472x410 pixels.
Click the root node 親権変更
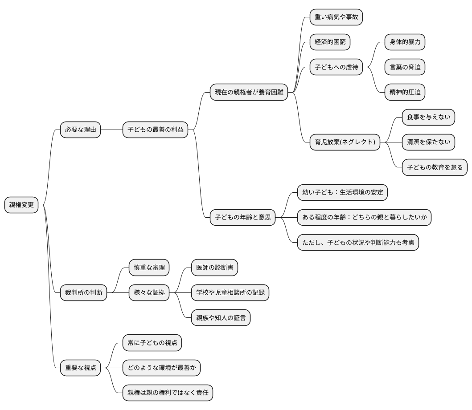[21, 205]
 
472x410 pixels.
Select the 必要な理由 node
[80, 130]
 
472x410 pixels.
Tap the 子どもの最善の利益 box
[155, 130]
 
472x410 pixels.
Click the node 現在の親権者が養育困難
[249, 93]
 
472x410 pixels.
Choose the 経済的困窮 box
[330, 43]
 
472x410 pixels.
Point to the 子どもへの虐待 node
[336, 68]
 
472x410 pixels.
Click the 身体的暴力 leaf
[405, 43]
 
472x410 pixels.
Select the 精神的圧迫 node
[405, 93]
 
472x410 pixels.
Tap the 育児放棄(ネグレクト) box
[345, 142]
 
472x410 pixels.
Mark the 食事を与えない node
[428, 118]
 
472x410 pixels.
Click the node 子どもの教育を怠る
[435, 167]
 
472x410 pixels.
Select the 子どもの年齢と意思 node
[242, 217]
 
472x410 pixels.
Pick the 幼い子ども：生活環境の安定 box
[342, 192]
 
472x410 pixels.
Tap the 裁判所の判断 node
[83, 292]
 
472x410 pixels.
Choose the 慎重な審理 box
[149, 268]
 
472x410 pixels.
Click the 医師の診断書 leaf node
[214, 268]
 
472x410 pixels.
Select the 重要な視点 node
[80, 367]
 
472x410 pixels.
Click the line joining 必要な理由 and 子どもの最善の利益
[111, 130]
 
